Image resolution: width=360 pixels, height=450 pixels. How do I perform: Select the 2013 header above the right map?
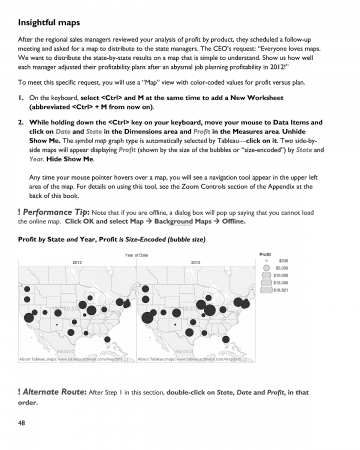coord(194,261)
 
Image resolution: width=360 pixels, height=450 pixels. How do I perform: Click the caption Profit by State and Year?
coord(62,241)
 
